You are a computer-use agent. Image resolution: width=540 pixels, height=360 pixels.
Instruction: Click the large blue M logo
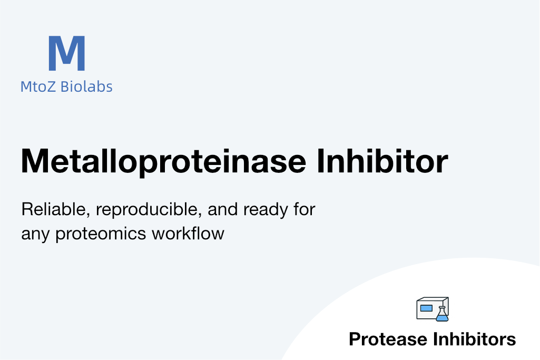(x=67, y=53)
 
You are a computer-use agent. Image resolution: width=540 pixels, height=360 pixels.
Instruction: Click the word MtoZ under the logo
(x=38, y=86)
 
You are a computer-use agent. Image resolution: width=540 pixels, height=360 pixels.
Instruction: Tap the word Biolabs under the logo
(x=86, y=86)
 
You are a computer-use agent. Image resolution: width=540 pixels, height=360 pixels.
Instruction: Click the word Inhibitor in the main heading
(x=382, y=161)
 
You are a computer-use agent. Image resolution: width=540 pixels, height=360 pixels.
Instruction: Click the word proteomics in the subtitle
(x=101, y=234)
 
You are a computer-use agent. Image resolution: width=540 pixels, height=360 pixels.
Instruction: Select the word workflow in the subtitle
(x=188, y=233)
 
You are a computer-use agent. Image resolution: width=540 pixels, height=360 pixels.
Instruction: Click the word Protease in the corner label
(x=388, y=339)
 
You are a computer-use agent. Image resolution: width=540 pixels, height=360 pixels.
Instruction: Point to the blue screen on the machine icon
(x=426, y=308)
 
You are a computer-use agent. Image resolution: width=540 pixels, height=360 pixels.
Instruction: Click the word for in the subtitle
(x=305, y=209)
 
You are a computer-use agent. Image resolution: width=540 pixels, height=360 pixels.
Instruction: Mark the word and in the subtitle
(x=223, y=209)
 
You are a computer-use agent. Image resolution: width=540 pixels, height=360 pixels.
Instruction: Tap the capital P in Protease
(x=355, y=339)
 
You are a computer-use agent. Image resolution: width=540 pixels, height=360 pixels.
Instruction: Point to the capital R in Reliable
(x=27, y=209)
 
